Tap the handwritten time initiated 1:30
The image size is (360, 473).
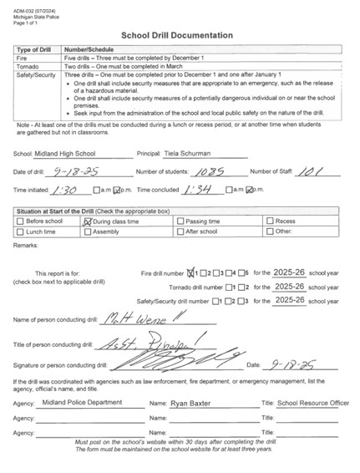coord(68,188)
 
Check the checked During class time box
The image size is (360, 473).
coord(86,221)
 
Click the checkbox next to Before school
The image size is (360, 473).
coord(21,221)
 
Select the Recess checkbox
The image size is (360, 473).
coord(269,221)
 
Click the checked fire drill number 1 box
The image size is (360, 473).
coord(194,272)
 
